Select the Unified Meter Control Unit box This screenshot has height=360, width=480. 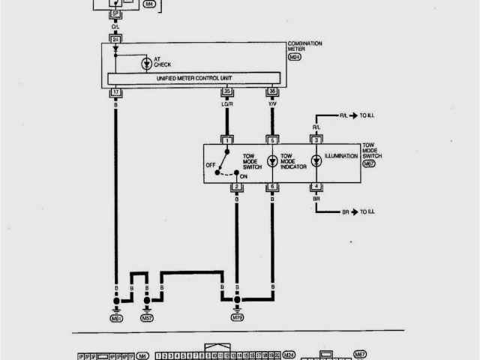[x=194, y=78]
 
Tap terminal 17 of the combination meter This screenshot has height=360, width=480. [x=116, y=93]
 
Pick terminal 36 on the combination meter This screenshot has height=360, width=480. [x=271, y=93]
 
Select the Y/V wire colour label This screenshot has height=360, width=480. [x=271, y=104]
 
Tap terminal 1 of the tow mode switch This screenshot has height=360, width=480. [x=226, y=140]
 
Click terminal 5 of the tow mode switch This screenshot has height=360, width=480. [x=271, y=140]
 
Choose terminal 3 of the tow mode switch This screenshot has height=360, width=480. [x=316, y=140]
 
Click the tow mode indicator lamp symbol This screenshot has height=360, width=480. [x=271, y=161]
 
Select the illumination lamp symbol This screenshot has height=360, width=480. [x=316, y=161]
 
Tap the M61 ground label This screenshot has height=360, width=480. [x=116, y=318]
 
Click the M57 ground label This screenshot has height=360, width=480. [x=148, y=318]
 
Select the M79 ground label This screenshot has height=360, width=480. [x=237, y=318]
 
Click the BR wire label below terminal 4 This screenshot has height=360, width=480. [x=316, y=198]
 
